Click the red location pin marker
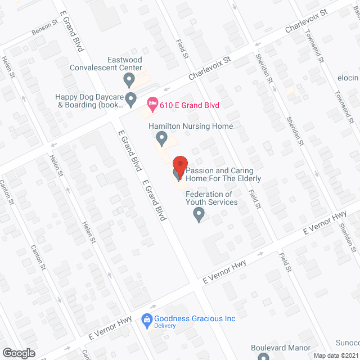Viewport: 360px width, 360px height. point(179,166)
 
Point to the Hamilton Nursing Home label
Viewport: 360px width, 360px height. point(190,126)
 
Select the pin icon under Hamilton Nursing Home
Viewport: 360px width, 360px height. point(161,138)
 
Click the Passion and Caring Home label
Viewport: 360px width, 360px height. point(223,174)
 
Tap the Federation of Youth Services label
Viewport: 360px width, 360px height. point(211,198)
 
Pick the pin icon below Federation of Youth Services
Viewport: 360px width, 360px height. point(199,214)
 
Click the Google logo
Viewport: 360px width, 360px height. point(19,353)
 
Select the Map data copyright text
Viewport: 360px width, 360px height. point(336,355)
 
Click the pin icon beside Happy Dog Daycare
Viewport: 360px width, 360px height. point(130,100)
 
